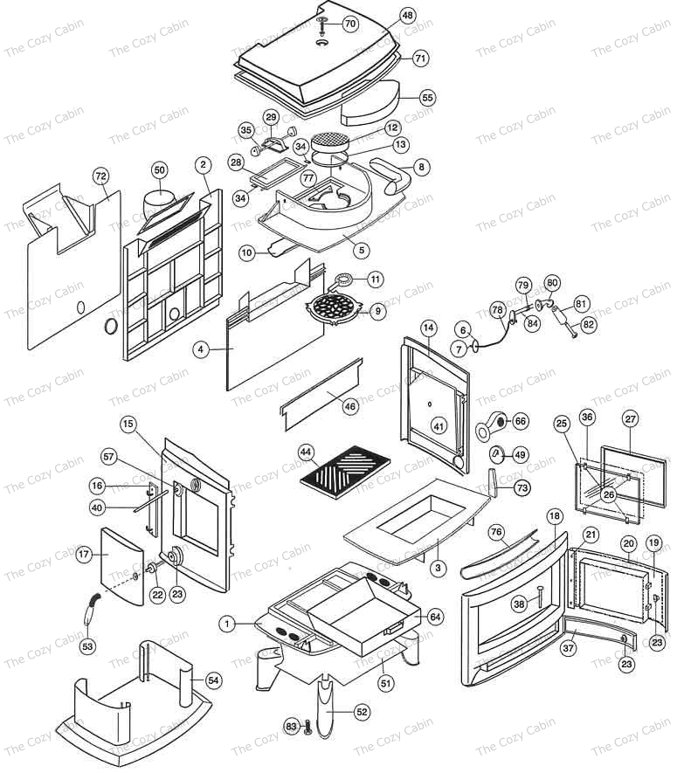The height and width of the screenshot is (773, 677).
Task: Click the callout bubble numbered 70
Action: (349, 24)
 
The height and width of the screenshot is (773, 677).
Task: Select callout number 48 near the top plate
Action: (408, 16)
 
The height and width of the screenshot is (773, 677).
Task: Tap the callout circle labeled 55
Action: (427, 97)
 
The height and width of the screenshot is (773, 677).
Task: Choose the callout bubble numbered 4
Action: (201, 349)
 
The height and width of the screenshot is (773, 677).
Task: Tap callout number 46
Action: (350, 406)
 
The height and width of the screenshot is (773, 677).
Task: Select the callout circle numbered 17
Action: (85, 554)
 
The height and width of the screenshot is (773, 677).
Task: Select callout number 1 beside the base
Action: (228, 624)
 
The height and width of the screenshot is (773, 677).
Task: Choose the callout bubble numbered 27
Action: (631, 418)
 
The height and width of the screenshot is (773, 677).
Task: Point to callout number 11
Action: (375, 280)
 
